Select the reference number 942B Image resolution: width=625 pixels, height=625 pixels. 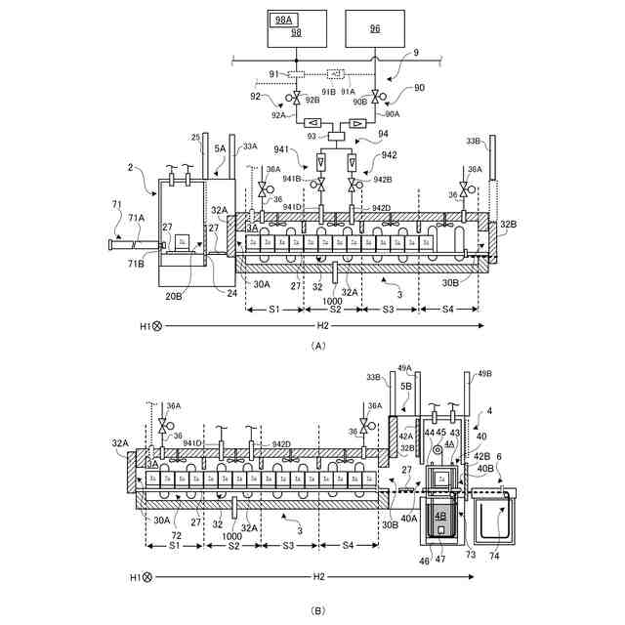(x=383, y=178)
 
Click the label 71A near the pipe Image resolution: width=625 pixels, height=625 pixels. (x=135, y=218)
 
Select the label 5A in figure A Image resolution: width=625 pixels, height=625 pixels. (x=221, y=149)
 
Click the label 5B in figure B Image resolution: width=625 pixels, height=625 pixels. (x=405, y=387)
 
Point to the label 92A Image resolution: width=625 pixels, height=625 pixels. (x=279, y=114)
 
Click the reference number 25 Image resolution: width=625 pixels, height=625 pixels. (x=195, y=137)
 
